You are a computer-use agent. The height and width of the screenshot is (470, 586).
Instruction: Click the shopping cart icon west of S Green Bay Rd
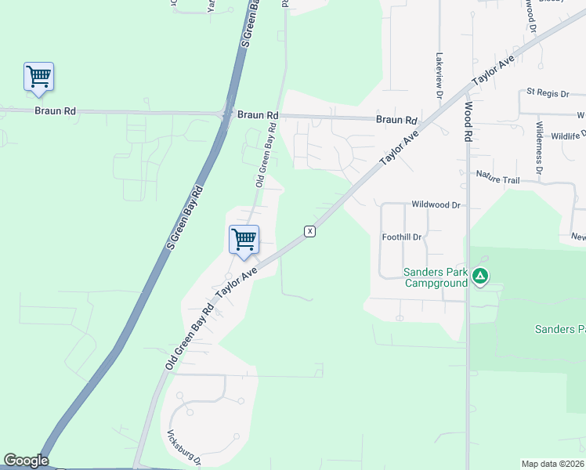(x=38, y=77)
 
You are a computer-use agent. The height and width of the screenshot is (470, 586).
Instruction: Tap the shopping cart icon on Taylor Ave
(x=244, y=240)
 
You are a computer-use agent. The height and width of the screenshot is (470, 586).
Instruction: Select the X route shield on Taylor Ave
(x=310, y=231)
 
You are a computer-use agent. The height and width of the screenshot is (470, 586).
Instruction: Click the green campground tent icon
(x=480, y=276)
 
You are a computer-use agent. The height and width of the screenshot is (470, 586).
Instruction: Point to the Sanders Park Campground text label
(x=435, y=277)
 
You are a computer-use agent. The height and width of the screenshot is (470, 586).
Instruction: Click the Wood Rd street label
(x=468, y=122)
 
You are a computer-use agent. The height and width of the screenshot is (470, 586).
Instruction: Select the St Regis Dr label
(x=548, y=93)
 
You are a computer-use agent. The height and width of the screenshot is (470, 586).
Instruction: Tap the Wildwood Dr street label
(x=436, y=205)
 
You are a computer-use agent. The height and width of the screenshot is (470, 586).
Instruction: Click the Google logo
(x=26, y=461)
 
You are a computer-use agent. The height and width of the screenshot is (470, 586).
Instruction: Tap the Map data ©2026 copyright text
(x=553, y=464)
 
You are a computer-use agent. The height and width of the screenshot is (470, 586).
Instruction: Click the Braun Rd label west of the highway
(x=55, y=111)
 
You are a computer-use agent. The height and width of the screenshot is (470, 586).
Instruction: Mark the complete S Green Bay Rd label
(x=186, y=218)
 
